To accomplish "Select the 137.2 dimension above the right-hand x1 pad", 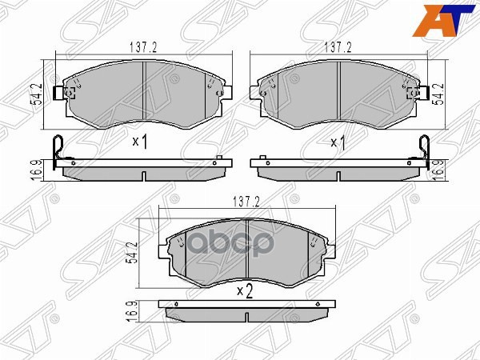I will (340, 48).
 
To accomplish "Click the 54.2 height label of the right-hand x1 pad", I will (437, 93).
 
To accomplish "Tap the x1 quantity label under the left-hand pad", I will (141, 142).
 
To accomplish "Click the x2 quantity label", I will (245, 291).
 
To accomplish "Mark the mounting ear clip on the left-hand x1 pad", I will (57, 94).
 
